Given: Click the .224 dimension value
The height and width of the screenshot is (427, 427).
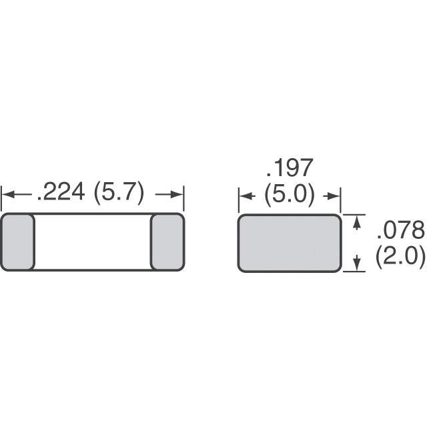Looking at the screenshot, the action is (x=61, y=192).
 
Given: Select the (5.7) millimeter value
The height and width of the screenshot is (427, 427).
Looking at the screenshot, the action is (x=119, y=193).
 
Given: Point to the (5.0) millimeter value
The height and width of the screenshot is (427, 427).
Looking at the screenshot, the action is (x=290, y=194).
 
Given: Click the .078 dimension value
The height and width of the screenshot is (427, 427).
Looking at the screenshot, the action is (x=401, y=230).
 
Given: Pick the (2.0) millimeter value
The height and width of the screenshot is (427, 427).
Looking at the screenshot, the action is (x=400, y=256).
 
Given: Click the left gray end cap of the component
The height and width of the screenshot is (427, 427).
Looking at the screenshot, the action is (x=18, y=242).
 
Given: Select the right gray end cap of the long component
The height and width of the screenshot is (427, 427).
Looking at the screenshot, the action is (x=167, y=242).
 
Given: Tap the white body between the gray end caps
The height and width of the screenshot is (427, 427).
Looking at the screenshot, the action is (x=93, y=242).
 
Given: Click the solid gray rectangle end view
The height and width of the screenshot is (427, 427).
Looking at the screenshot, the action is (x=290, y=243).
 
